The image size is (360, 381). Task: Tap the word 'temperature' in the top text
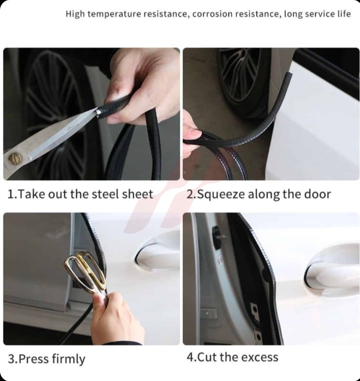click(114, 14)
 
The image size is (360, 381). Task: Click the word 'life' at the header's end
click(344, 14)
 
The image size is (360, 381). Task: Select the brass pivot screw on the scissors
click(15, 158)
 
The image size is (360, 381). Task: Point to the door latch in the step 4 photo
click(218, 237)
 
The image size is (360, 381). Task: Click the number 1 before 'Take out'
click(10, 194)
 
